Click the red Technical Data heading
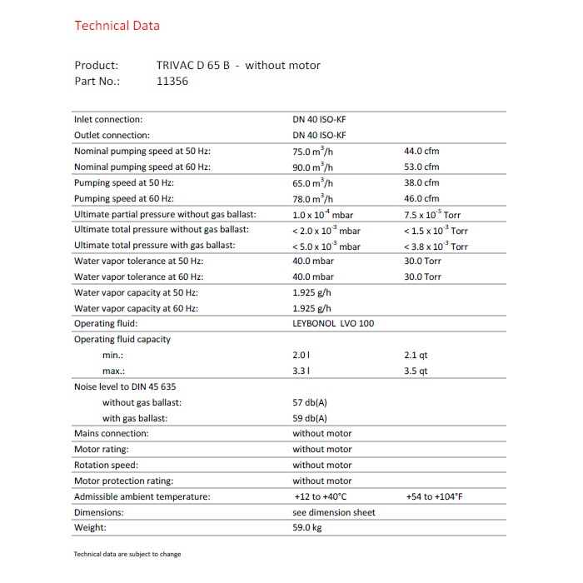point(117,25)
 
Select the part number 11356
point(173,82)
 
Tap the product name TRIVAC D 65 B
point(192,65)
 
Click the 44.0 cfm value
point(421,151)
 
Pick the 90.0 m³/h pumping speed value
point(312,167)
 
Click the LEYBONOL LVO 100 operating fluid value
point(333,323)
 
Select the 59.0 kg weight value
point(306,528)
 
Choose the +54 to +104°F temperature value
point(434,496)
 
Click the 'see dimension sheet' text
point(333,512)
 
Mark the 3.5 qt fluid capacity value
point(416,371)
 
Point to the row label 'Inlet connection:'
point(108,119)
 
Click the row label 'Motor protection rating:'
point(123,481)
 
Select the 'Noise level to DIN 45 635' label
point(125,386)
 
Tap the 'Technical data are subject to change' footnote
point(127,554)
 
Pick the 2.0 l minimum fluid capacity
point(301,355)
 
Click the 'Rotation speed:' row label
point(106,465)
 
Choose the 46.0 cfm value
point(421,198)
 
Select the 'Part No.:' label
point(97,82)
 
